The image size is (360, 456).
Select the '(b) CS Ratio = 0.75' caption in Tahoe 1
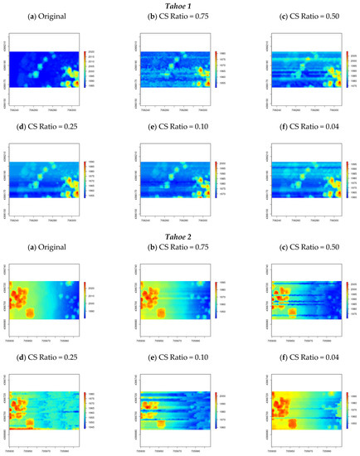[x=177, y=18]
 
